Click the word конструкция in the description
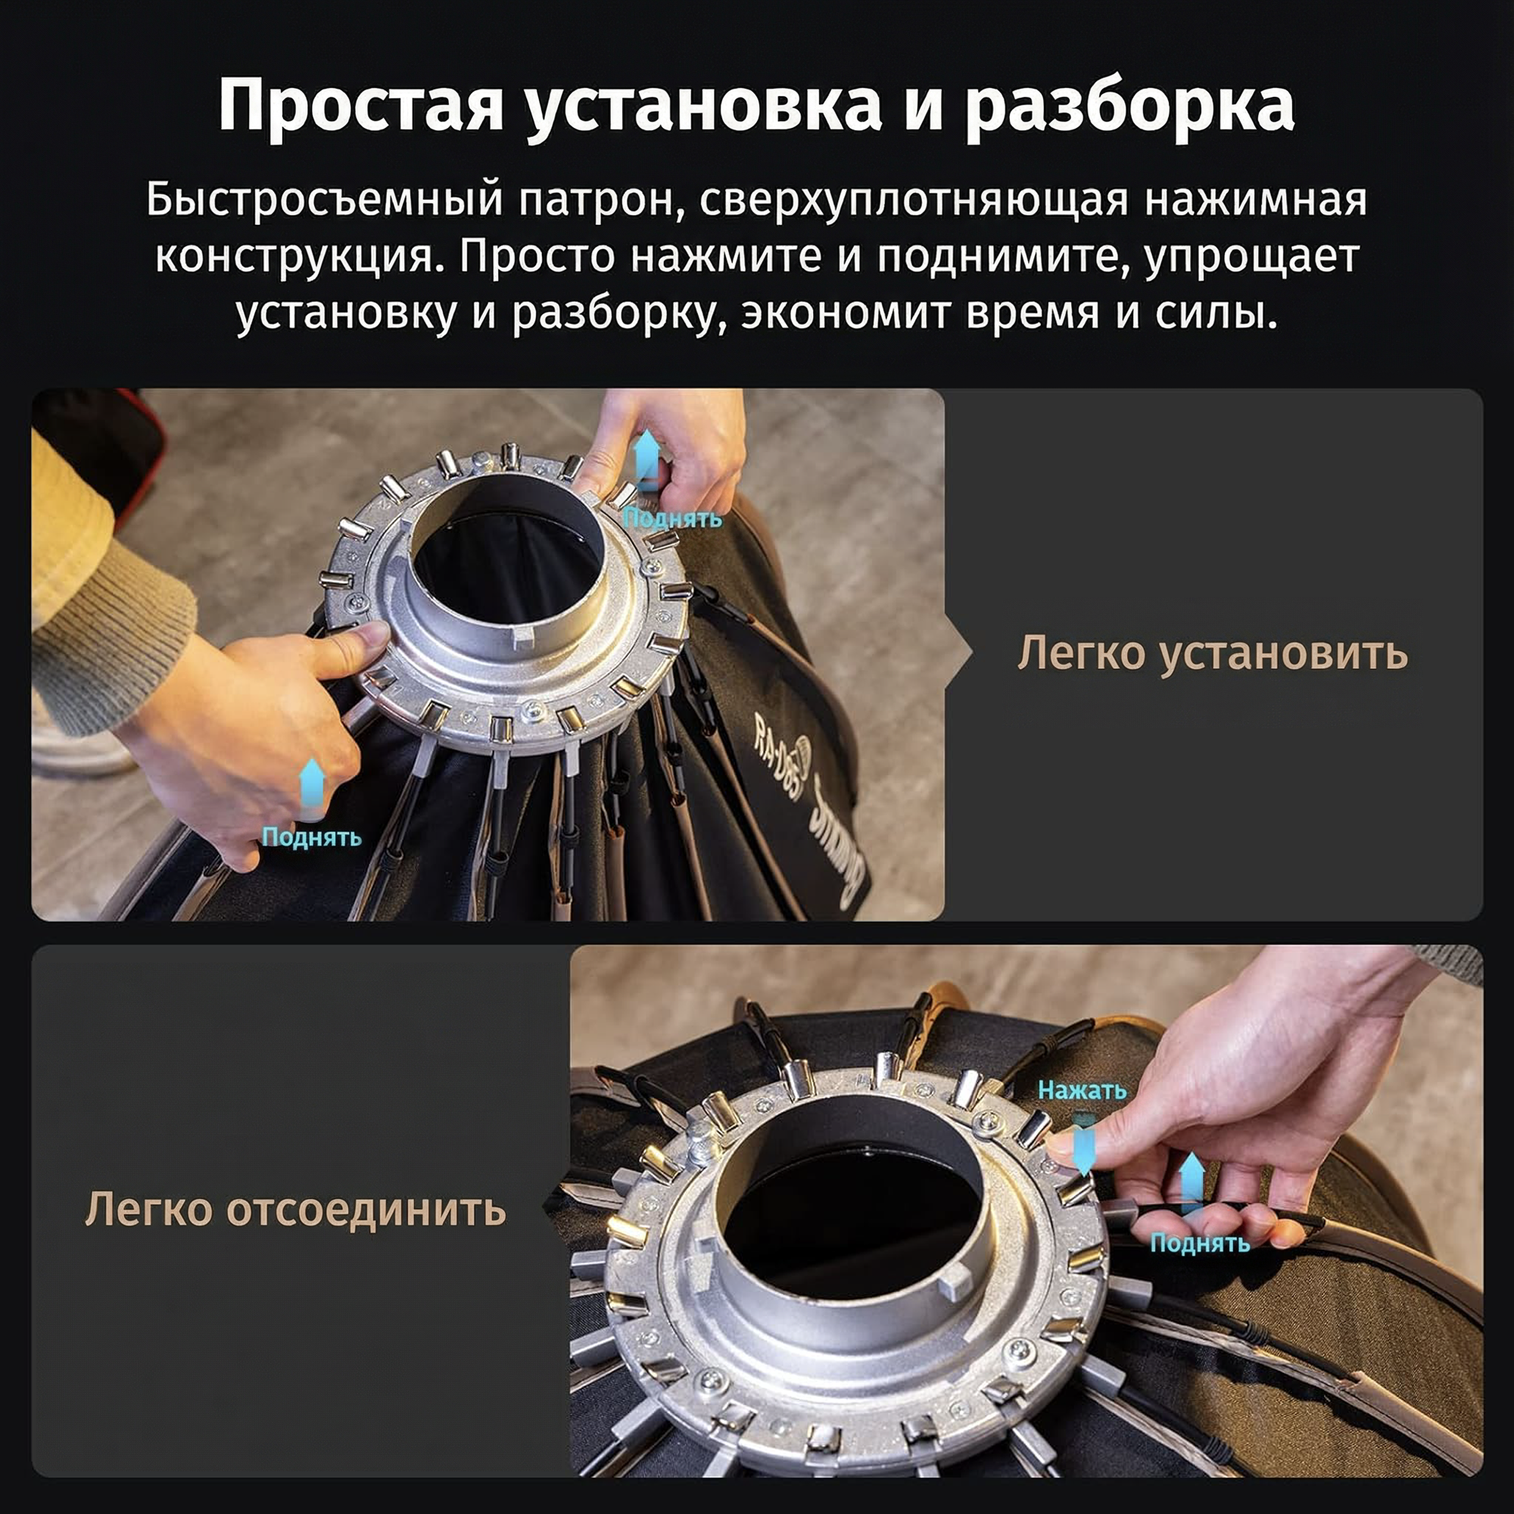tap(294, 260)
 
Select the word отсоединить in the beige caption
tap(366, 1210)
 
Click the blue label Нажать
tap(1083, 1090)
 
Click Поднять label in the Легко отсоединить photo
tap(1200, 1244)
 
